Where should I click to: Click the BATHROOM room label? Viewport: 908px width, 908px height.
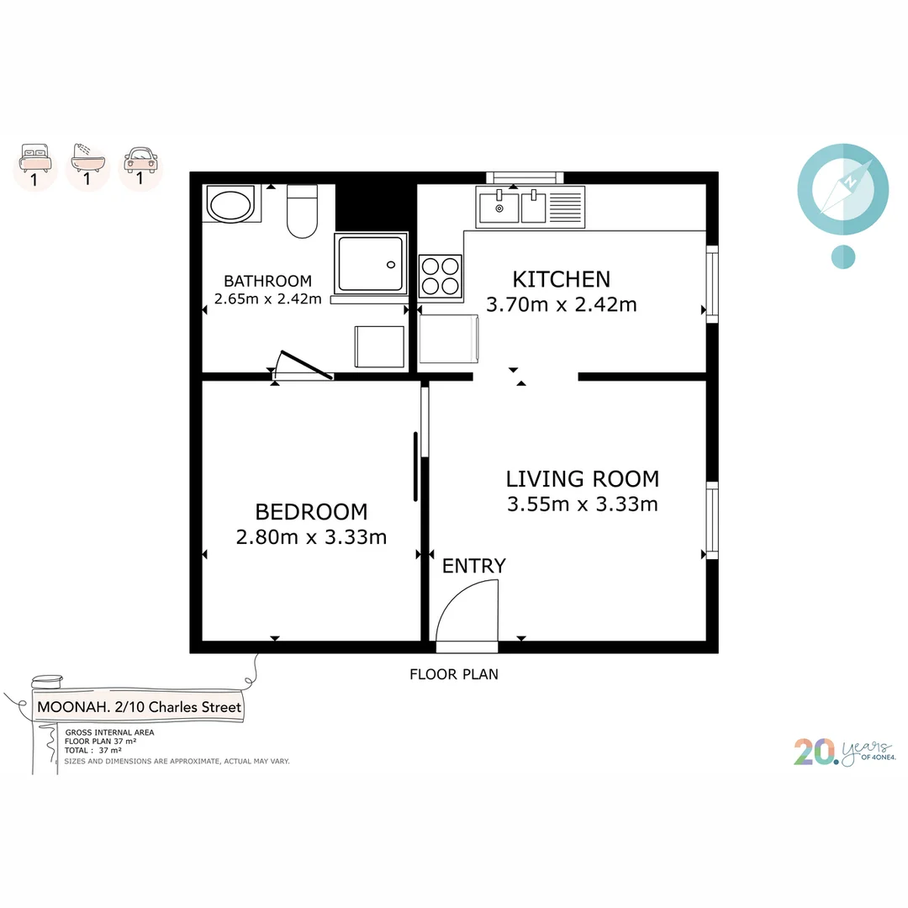[x=267, y=281]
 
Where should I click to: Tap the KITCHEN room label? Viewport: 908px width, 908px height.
[x=562, y=279]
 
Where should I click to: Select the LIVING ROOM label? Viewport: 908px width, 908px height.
[x=582, y=479]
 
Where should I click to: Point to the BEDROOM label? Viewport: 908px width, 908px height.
[x=311, y=511]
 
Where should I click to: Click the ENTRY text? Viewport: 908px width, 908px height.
[x=474, y=566]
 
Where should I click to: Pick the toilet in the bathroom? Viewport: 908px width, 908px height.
[x=302, y=212]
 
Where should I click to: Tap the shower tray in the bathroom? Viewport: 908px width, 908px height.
[x=371, y=265]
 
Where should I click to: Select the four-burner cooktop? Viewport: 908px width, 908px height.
[x=441, y=276]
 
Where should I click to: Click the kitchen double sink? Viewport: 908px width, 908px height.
[x=512, y=207]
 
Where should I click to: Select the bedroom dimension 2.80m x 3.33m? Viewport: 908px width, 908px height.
[x=311, y=537]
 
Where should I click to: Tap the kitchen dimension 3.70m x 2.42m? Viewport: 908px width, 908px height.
[x=562, y=304]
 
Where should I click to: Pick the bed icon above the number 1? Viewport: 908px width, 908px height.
[x=35, y=156]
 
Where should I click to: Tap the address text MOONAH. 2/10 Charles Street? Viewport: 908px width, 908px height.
[x=140, y=707]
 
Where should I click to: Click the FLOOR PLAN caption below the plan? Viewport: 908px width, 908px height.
[x=454, y=673]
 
